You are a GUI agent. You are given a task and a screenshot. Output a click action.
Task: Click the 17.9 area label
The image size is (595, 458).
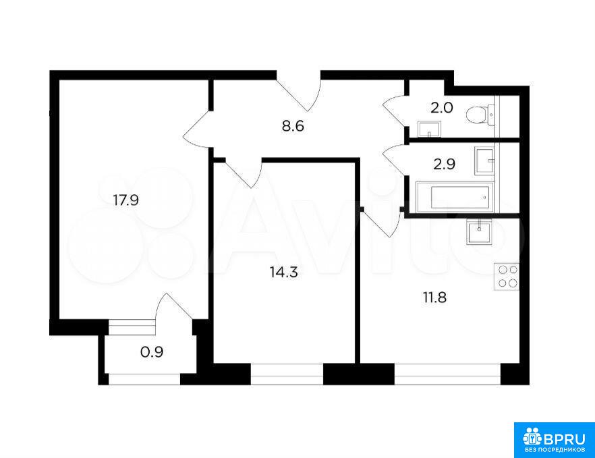(126, 200)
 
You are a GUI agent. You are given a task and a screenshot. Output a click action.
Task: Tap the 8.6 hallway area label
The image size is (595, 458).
(293, 126)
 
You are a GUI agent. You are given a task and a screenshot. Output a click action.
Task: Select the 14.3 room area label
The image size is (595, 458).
(283, 272)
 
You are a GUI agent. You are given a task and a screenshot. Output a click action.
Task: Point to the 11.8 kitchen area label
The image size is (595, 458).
(434, 297)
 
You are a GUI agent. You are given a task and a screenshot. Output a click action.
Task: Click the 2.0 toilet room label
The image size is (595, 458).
(442, 108)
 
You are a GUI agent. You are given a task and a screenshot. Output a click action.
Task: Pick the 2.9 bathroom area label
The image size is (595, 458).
(444, 165)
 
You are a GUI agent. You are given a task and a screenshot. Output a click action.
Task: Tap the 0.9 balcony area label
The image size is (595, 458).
(152, 352)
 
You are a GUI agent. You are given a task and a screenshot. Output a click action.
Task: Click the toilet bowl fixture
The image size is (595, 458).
(480, 115)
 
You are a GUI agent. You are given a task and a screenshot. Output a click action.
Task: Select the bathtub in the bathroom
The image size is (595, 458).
(455, 198)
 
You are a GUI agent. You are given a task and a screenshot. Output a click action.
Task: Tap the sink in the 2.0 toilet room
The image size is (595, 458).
(429, 130)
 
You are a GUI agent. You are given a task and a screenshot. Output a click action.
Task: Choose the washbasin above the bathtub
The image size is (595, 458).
(485, 161)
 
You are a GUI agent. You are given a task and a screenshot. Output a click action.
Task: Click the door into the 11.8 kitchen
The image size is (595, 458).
(382, 223)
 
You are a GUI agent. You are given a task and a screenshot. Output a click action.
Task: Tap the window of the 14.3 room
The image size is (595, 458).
(287, 374)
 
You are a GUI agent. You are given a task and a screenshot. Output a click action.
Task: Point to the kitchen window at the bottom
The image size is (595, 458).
(448, 374)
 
